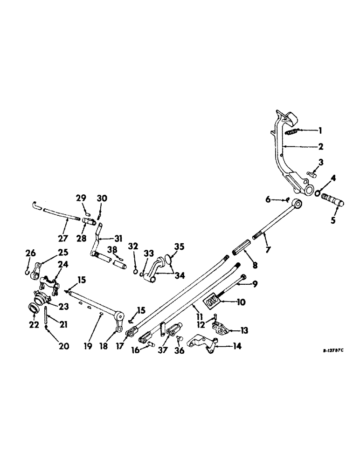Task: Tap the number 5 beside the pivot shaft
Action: [332, 220]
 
